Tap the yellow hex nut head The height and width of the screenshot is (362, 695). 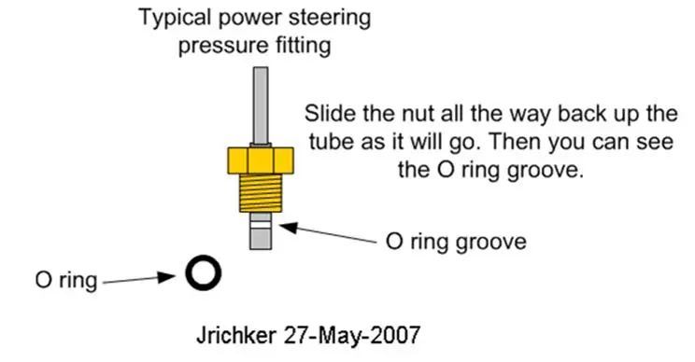[x=261, y=160]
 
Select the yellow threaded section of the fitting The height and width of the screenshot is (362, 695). [x=261, y=193]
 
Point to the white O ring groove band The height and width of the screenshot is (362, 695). [x=261, y=225]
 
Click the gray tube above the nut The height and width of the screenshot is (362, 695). [x=261, y=106]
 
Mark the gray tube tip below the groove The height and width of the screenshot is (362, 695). [x=261, y=239]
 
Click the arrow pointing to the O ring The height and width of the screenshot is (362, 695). [x=139, y=279]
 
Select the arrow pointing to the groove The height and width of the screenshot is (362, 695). [x=329, y=233]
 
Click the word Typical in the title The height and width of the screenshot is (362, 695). [x=175, y=19]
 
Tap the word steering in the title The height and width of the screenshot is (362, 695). [x=330, y=19]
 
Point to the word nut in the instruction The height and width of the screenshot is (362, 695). [x=418, y=115]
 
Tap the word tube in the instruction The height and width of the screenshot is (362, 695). [x=331, y=142]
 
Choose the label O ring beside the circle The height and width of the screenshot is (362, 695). [x=66, y=280]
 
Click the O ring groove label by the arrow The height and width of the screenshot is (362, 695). [x=456, y=242]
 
